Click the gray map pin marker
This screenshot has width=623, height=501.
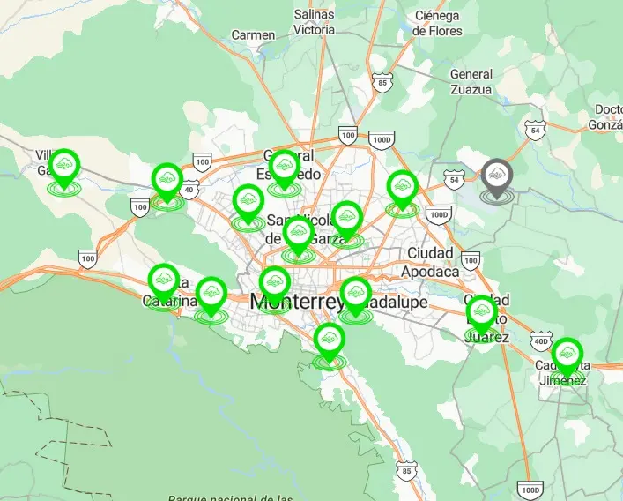click(497, 176)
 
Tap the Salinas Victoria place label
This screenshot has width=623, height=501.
click(314, 22)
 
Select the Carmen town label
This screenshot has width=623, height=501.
click(253, 34)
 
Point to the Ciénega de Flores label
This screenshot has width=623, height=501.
click(437, 23)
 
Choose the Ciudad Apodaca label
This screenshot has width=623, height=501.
click(431, 262)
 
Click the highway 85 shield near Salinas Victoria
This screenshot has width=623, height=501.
click(381, 84)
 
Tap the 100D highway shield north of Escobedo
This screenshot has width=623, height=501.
click(382, 139)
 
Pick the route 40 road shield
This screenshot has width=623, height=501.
click(189, 189)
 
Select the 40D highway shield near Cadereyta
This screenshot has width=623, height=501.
click(539, 340)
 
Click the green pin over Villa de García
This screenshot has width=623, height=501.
click(63, 168)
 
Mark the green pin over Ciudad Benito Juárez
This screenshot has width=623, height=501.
click(481, 315)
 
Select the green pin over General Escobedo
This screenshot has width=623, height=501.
click(284, 168)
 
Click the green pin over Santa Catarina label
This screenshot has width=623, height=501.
click(163, 282)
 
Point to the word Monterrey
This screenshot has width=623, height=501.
click(294, 302)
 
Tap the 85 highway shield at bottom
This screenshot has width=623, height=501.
click(405, 472)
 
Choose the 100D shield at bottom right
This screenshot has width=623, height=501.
click(529, 490)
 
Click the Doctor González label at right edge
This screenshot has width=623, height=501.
click(609, 116)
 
